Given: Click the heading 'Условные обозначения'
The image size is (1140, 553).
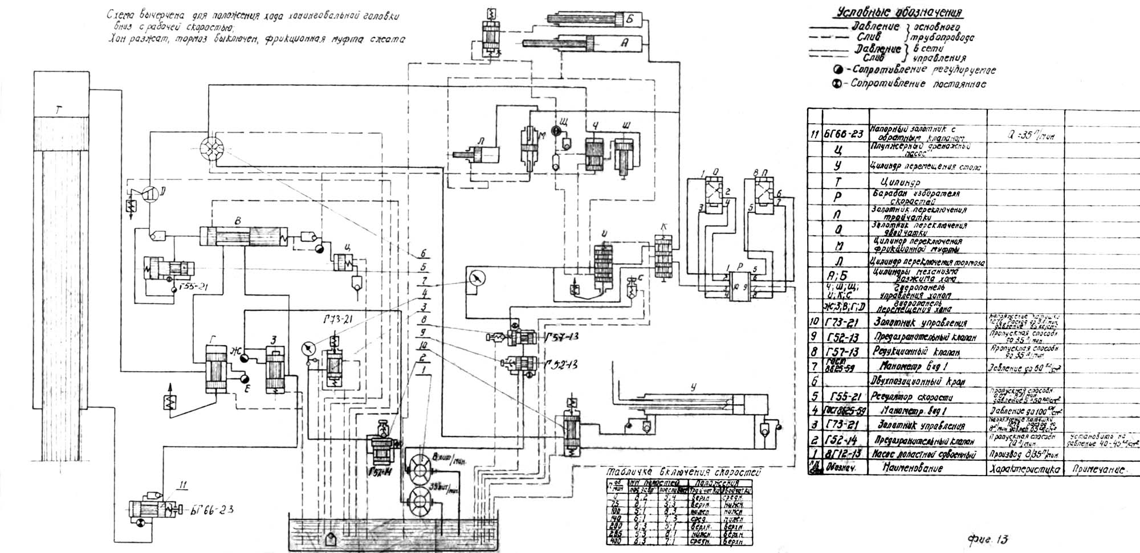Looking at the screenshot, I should pos(899,13).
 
